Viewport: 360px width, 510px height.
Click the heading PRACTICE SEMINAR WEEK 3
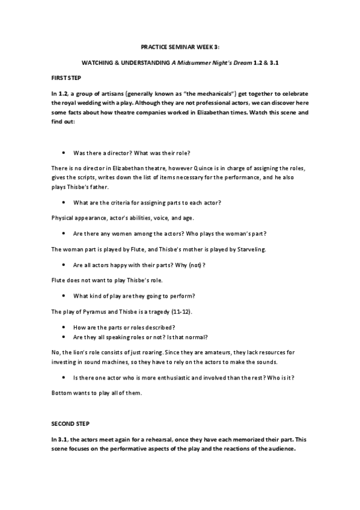[x=180, y=46]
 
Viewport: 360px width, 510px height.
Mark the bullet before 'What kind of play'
[x=64, y=295]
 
